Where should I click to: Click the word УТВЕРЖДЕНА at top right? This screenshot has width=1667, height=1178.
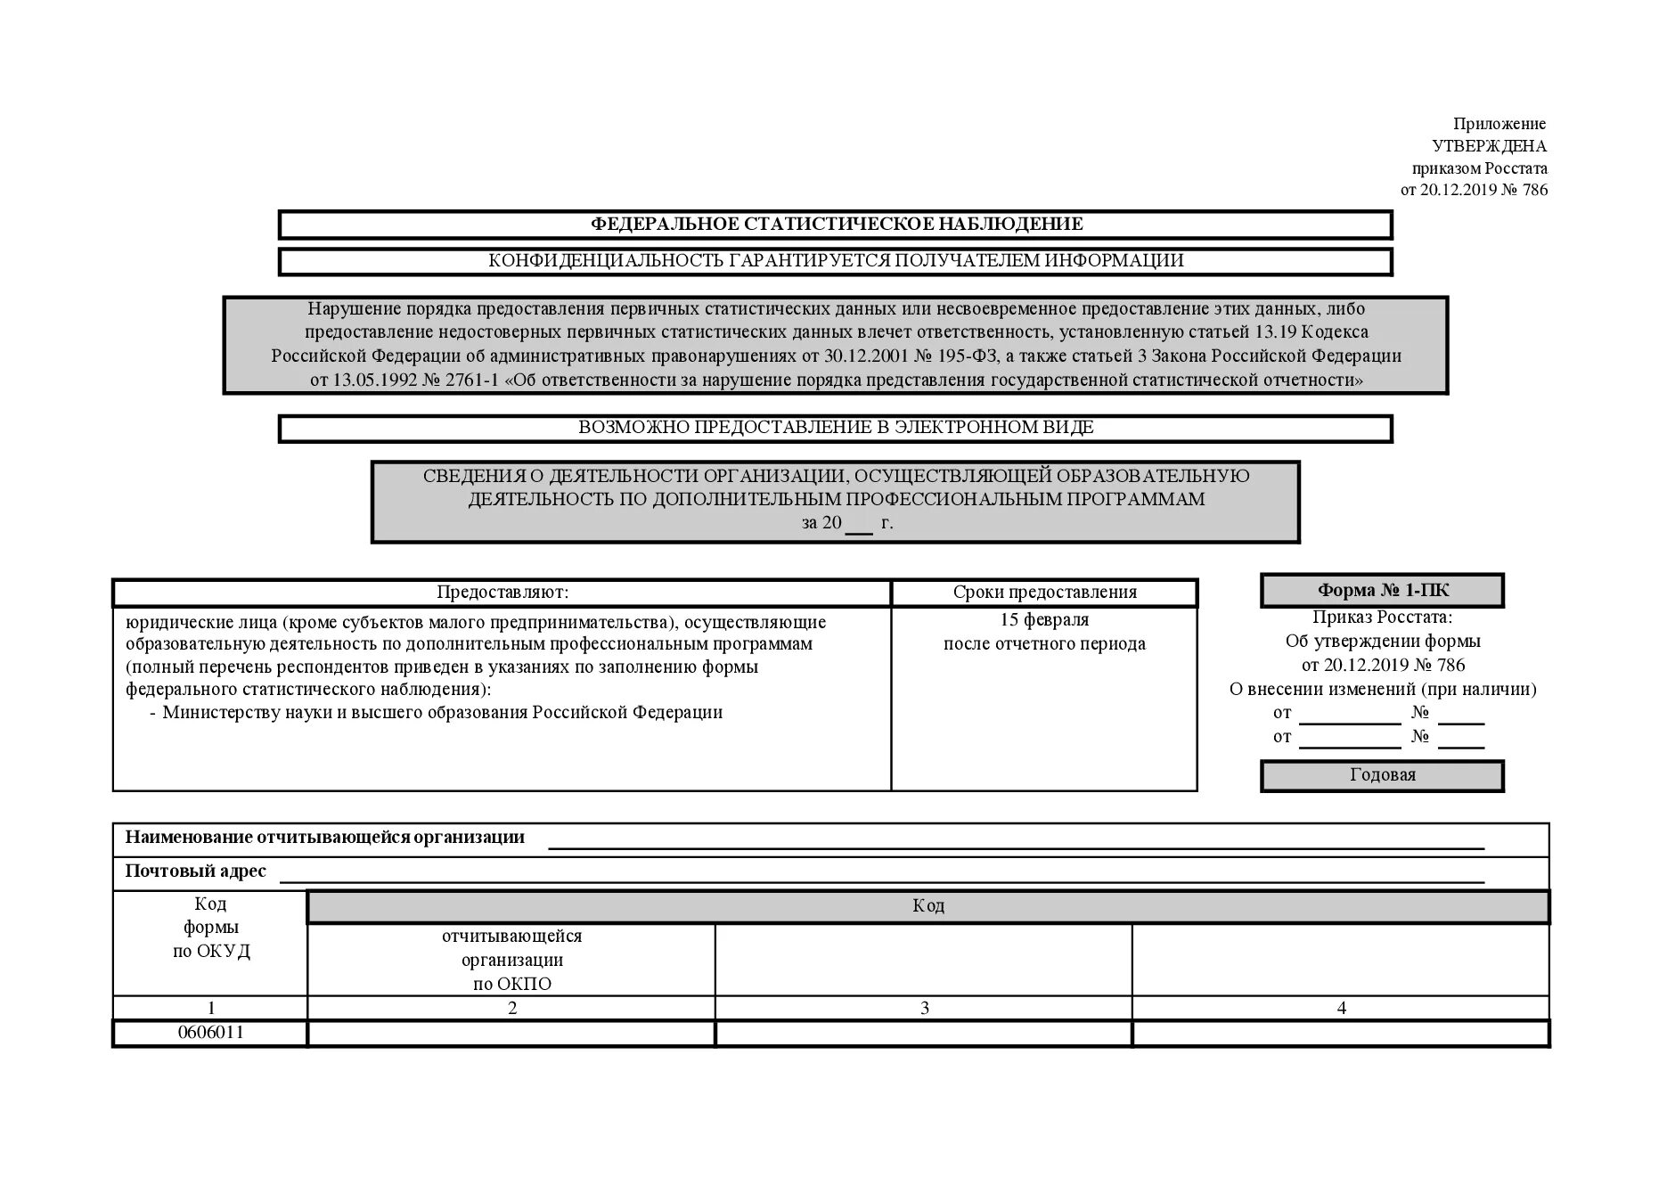(x=1489, y=146)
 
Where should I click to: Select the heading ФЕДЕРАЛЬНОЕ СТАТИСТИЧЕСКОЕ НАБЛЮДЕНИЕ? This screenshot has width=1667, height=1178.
(x=836, y=225)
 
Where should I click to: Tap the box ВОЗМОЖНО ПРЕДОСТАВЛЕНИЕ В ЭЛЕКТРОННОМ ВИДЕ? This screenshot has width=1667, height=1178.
(x=836, y=428)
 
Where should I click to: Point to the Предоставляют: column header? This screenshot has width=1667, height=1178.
(x=502, y=593)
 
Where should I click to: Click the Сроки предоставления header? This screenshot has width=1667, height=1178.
(x=1044, y=593)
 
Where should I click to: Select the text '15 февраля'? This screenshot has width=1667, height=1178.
(x=1044, y=620)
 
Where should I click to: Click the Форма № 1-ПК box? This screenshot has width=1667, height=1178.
(x=1382, y=591)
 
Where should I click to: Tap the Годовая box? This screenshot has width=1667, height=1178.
(x=1382, y=775)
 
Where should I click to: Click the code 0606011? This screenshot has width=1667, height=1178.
(x=210, y=1033)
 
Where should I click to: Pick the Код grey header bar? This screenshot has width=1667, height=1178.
(x=927, y=906)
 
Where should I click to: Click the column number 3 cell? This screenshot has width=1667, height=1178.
(x=924, y=1008)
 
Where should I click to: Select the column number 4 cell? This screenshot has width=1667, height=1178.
(x=1341, y=1008)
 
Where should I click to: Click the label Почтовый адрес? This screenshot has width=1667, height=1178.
(x=195, y=871)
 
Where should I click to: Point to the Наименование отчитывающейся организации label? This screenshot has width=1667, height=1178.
(x=324, y=838)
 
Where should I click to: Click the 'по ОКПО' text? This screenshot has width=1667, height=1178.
(x=511, y=985)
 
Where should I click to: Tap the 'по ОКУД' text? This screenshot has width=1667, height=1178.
(x=211, y=952)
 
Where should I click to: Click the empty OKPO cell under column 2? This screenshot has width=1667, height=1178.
(x=511, y=1034)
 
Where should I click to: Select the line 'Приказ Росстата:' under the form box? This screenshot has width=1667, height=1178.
(x=1382, y=618)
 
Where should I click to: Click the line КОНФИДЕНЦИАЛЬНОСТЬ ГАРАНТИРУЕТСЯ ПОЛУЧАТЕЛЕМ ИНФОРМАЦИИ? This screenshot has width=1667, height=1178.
(x=836, y=261)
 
